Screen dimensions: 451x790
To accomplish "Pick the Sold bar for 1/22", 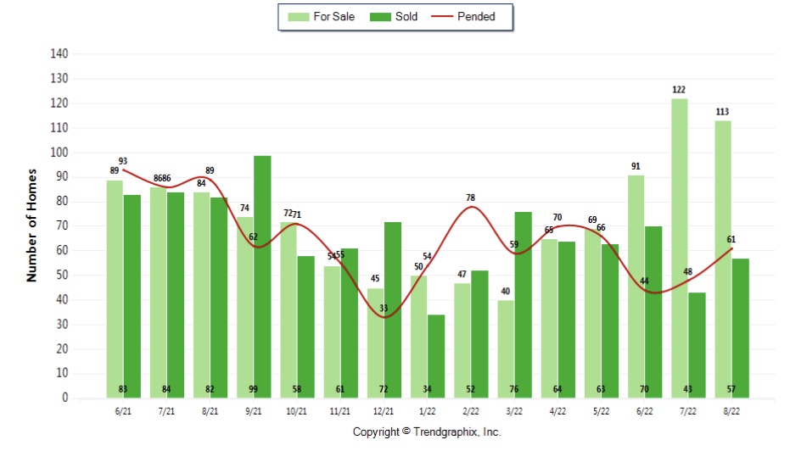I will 436,356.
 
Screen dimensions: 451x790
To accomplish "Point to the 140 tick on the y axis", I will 59,53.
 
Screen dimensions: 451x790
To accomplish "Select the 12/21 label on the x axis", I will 383,410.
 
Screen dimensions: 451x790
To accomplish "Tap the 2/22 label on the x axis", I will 470,410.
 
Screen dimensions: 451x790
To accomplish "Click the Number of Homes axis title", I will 31,225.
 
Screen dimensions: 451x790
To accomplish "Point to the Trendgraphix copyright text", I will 427,432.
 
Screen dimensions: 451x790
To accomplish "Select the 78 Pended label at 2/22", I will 470,198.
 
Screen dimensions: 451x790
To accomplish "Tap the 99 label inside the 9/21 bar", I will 253,389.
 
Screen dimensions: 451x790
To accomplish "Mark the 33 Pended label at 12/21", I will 384,308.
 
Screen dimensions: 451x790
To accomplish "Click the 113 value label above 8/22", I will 722,111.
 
